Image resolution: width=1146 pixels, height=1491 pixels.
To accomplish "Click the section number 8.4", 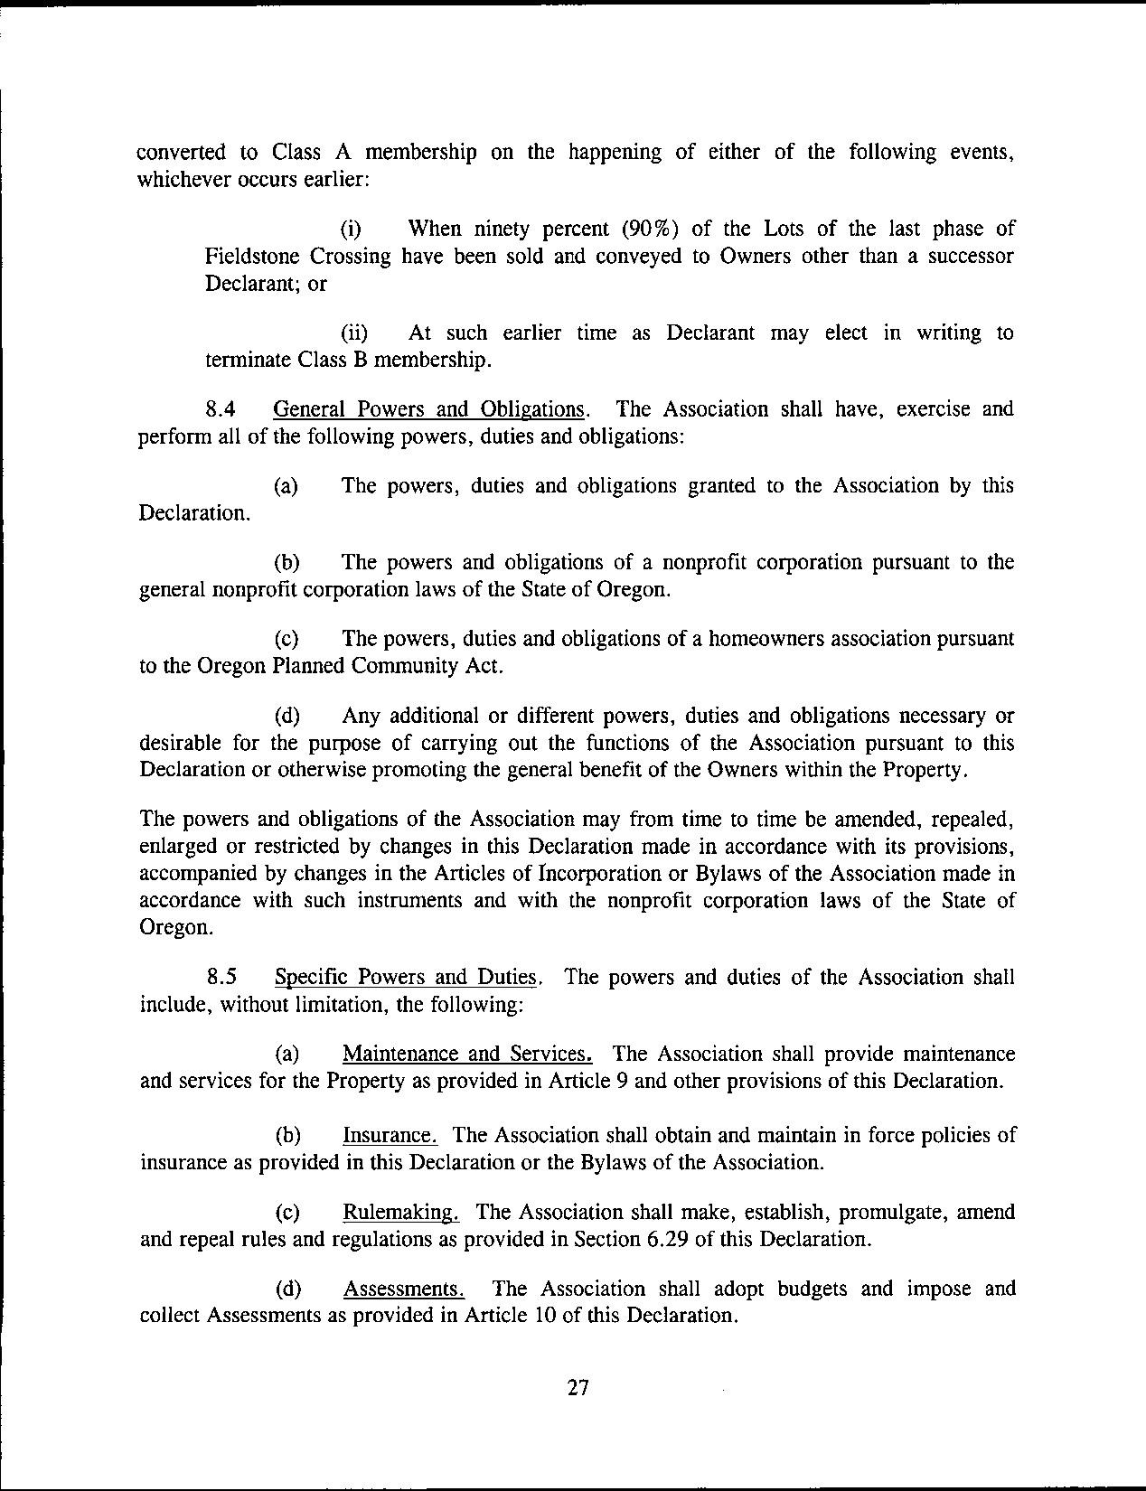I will (x=221, y=409).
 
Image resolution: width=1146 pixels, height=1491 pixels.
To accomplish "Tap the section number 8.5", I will (x=221, y=978).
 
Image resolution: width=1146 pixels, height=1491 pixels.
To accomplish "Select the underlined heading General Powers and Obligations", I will (x=428, y=409).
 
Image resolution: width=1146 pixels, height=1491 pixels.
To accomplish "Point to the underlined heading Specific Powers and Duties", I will (x=407, y=978).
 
